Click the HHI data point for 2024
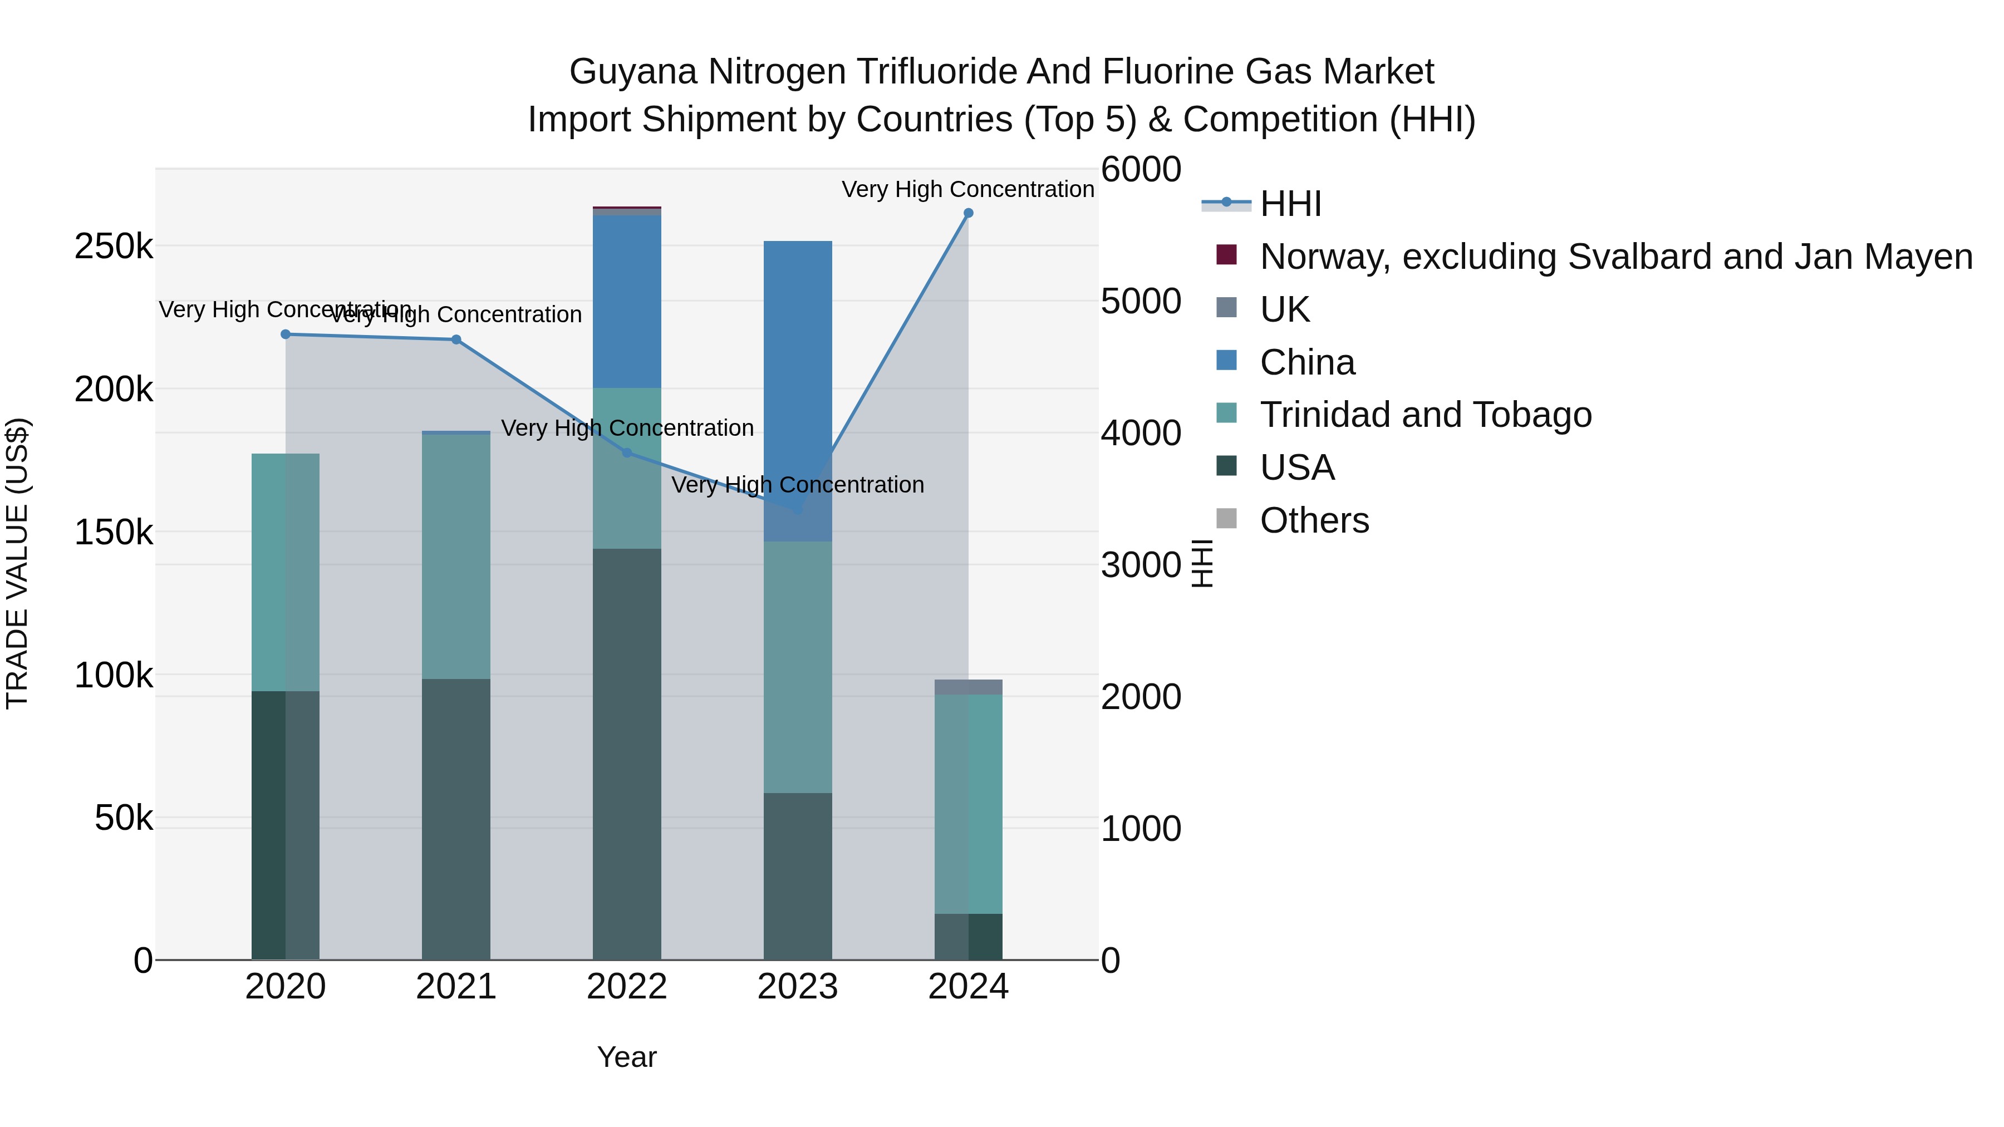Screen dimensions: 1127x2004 [x=968, y=213]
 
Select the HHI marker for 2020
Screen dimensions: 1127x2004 [x=286, y=334]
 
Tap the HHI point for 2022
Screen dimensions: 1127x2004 [x=627, y=452]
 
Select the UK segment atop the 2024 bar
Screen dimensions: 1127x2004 [x=968, y=687]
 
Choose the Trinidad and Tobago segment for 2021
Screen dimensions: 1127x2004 [x=456, y=556]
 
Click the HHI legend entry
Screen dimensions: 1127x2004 [x=1290, y=204]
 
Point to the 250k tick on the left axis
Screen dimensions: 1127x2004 [x=114, y=247]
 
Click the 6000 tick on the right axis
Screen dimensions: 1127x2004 [x=1141, y=170]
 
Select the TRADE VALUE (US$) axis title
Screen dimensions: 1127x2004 [x=17, y=563]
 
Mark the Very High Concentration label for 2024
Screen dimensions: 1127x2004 [x=968, y=190]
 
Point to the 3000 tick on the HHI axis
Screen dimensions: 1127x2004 [x=1141, y=565]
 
